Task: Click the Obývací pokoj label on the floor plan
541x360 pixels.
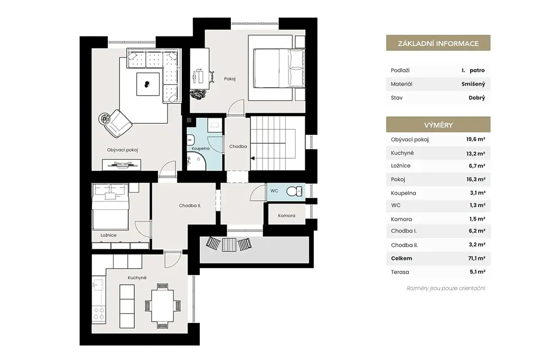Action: pyautogui.click(x=123, y=150)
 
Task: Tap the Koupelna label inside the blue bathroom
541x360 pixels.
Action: pyautogui.click(x=200, y=149)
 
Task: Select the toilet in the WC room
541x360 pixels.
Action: pyautogui.click(x=294, y=191)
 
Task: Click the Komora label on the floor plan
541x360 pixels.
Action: pyautogui.click(x=287, y=216)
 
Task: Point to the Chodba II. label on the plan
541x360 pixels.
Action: pyautogui.click(x=190, y=206)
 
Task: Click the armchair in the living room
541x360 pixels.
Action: pyautogui.click(x=118, y=123)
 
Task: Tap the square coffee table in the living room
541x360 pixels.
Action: pyautogui.click(x=148, y=84)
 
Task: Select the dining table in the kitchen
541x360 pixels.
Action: pyautogui.click(x=163, y=306)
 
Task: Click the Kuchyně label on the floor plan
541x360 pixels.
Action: pyautogui.click(x=137, y=278)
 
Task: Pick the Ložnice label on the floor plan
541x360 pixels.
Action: pyautogui.click(x=108, y=235)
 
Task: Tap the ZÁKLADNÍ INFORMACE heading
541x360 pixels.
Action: pyautogui.click(x=438, y=43)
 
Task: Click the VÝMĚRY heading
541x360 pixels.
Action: pyautogui.click(x=438, y=125)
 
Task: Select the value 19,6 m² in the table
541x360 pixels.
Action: pyautogui.click(x=476, y=140)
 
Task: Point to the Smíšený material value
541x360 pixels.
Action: pyautogui.click(x=473, y=84)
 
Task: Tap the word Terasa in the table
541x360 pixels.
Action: pyautogui.click(x=400, y=272)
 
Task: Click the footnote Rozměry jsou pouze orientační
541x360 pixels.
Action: pyautogui.click(x=446, y=288)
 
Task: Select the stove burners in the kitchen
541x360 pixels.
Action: pyautogui.click(x=99, y=313)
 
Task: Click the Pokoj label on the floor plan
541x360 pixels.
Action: pyautogui.click(x=230, y=79)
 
